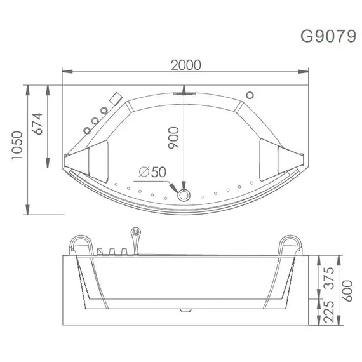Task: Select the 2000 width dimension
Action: (185, 65)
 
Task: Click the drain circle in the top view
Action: (184, 194)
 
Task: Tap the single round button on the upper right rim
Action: (250, 96)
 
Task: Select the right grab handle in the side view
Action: (290, 244)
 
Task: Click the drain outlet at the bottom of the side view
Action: (184, 312)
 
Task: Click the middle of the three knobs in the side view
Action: (111, 252)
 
